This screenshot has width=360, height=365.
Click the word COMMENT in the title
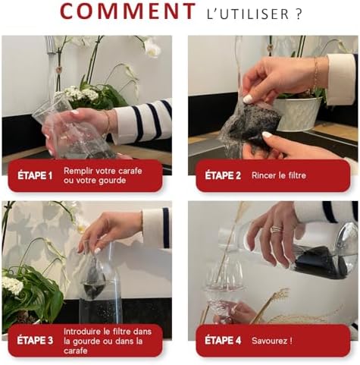tap(127, 12)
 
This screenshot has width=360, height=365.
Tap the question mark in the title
tap(299, 14)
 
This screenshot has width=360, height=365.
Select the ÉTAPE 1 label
tap(36, 176)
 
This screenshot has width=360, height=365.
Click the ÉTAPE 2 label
tap(223, 176)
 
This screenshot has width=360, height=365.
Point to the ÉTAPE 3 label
tap(36, 340)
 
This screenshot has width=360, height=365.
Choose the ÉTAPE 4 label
tap(223, 340)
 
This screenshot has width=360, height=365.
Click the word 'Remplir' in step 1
tap(79, 171)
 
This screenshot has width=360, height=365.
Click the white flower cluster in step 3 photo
tap(13, 286)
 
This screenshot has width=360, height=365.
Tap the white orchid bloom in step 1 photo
tap(152, 49)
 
